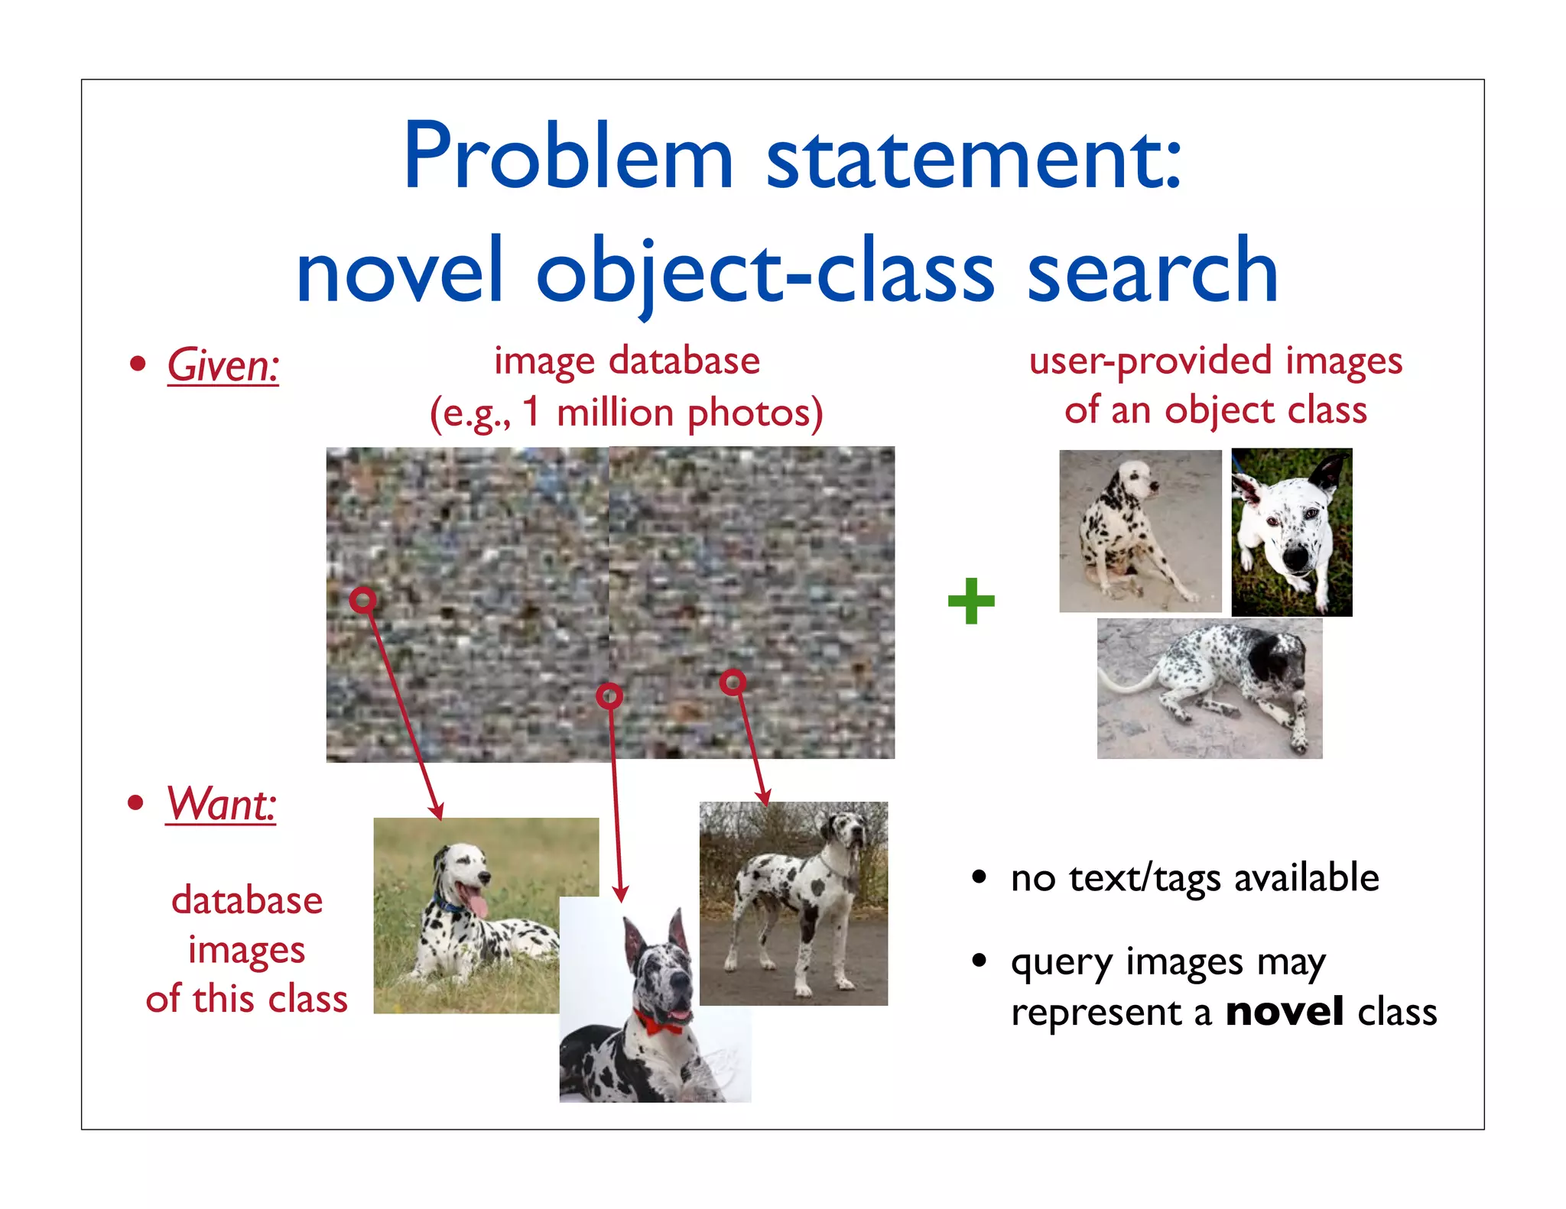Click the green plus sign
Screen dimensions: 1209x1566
[971, 601]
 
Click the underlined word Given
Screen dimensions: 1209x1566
[223, 365]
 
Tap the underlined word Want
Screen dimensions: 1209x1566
[220, 804]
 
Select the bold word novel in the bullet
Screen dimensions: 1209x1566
[1284, 1012]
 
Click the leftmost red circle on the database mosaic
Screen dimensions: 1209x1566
[363, 600]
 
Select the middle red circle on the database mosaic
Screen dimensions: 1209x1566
[609, 695]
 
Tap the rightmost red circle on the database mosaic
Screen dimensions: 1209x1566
[733, 682]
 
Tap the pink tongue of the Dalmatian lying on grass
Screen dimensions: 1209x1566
[477, 904]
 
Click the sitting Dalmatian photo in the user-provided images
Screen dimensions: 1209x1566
[1139, 531]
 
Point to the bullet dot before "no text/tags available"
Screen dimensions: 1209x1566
[980, 877]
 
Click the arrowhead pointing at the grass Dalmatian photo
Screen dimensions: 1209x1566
[437, 813]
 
